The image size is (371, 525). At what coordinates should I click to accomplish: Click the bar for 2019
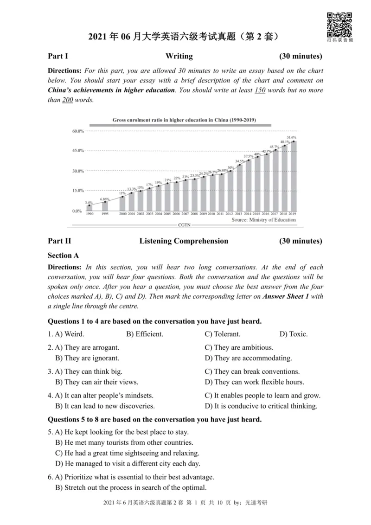coord(293,176)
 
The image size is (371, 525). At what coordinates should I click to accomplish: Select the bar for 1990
coord(90,208)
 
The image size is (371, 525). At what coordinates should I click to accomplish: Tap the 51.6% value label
coord(291,138)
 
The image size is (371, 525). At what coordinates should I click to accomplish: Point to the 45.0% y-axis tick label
coord(78,151)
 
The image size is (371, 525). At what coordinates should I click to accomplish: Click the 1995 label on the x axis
coord(105,214)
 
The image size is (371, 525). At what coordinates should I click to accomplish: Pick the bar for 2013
coord(239,188)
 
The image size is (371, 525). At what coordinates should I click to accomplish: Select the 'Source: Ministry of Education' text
coord(263,220)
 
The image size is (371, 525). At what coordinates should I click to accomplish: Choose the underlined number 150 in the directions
coord(260,90)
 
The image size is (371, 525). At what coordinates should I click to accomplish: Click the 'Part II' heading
coord(59,241)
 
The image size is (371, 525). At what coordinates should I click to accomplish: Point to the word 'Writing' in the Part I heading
coord(179,57)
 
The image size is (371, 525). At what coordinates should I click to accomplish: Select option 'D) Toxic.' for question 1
coord(294,334)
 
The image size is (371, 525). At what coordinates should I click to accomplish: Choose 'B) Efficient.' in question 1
coord(145,334)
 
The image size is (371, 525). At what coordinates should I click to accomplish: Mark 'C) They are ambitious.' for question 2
coord(239,347)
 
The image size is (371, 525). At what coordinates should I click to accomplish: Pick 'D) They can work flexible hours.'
coord(254,383)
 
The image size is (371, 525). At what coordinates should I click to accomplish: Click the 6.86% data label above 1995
coord(104,199)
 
